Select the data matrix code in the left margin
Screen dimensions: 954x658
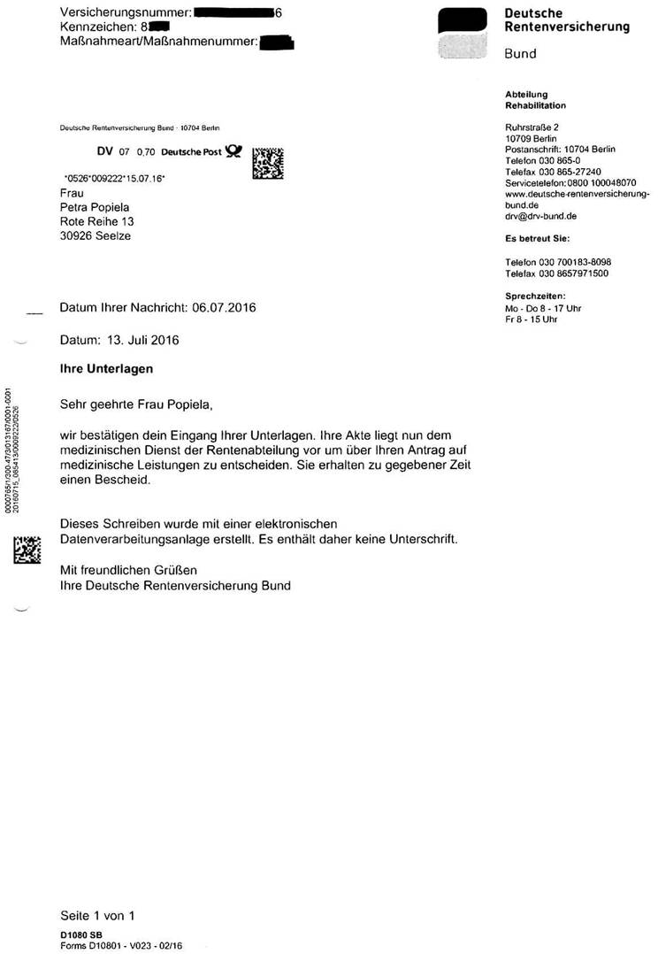(x=27, y=550)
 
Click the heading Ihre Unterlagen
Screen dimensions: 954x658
(x=95, y=368)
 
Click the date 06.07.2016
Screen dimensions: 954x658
(x=226, y=308)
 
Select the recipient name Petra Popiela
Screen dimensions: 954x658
(x=96, y=207)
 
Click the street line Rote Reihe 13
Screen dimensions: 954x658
(x=96, y=221)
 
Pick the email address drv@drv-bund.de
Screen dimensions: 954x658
(x=541, y=215)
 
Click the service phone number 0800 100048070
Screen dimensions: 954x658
(x=605, y=182)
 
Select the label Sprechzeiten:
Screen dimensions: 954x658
(x=535, y=296)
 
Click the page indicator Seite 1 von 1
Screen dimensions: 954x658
(x=96, y=916)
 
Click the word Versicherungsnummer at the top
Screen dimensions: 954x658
(x=123, y=12)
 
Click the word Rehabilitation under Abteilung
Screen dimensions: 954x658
(x=535, y=105)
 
